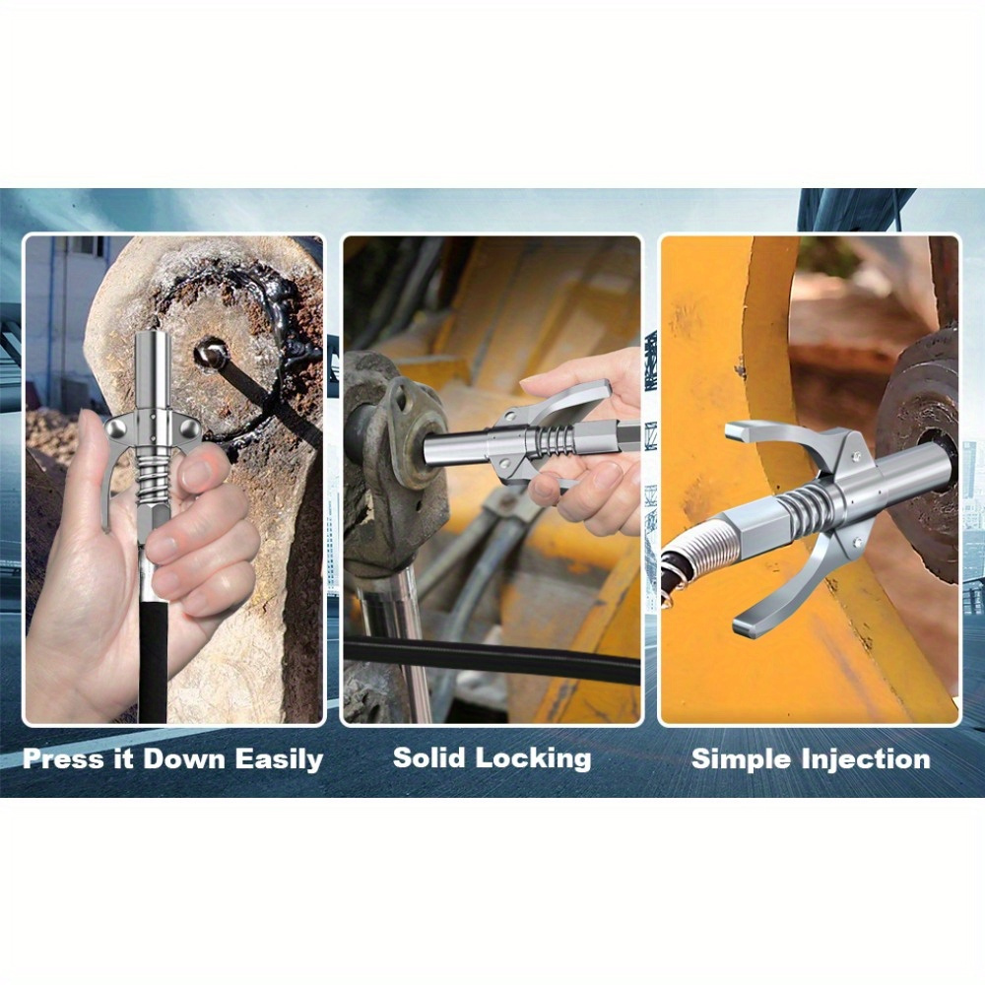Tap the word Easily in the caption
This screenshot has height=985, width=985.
[x=279, y=759]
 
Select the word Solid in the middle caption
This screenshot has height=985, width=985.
[x=429, y=757]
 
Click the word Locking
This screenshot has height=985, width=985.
[x=533, y=758]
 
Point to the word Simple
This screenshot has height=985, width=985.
[x=742, y=759]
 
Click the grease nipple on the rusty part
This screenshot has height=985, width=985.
[x=212, y=353]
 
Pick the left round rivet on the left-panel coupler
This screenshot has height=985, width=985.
[x=117, y=429]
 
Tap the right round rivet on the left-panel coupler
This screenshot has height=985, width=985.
[x=190, y=428]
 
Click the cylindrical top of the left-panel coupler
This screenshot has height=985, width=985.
[x=153, y=367]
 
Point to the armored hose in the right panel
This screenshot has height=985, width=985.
[x=692, y=553]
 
